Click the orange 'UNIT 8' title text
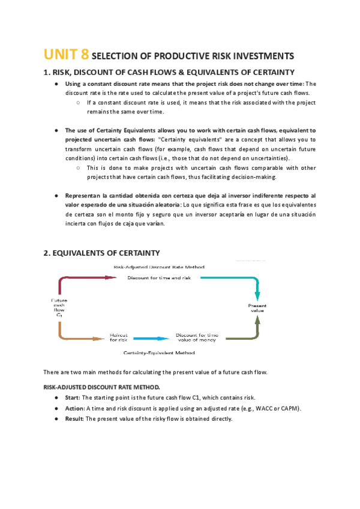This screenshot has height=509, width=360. click(x=66, y=55)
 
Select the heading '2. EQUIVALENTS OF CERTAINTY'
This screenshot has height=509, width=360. click(x=101, y=253)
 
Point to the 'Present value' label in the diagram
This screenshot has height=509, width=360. click(x=257, y=308)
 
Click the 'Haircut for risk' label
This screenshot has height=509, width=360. click(x=118, y=338)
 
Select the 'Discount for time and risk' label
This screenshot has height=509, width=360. click(x=157, y=278)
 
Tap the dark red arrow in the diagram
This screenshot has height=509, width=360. click(x=84, y=278)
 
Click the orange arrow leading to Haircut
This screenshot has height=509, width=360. click(x=78, y=337)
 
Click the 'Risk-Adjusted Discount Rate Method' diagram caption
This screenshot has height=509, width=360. click(x=159, y=267)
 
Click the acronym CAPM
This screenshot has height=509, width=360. click(x=289, y=408)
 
